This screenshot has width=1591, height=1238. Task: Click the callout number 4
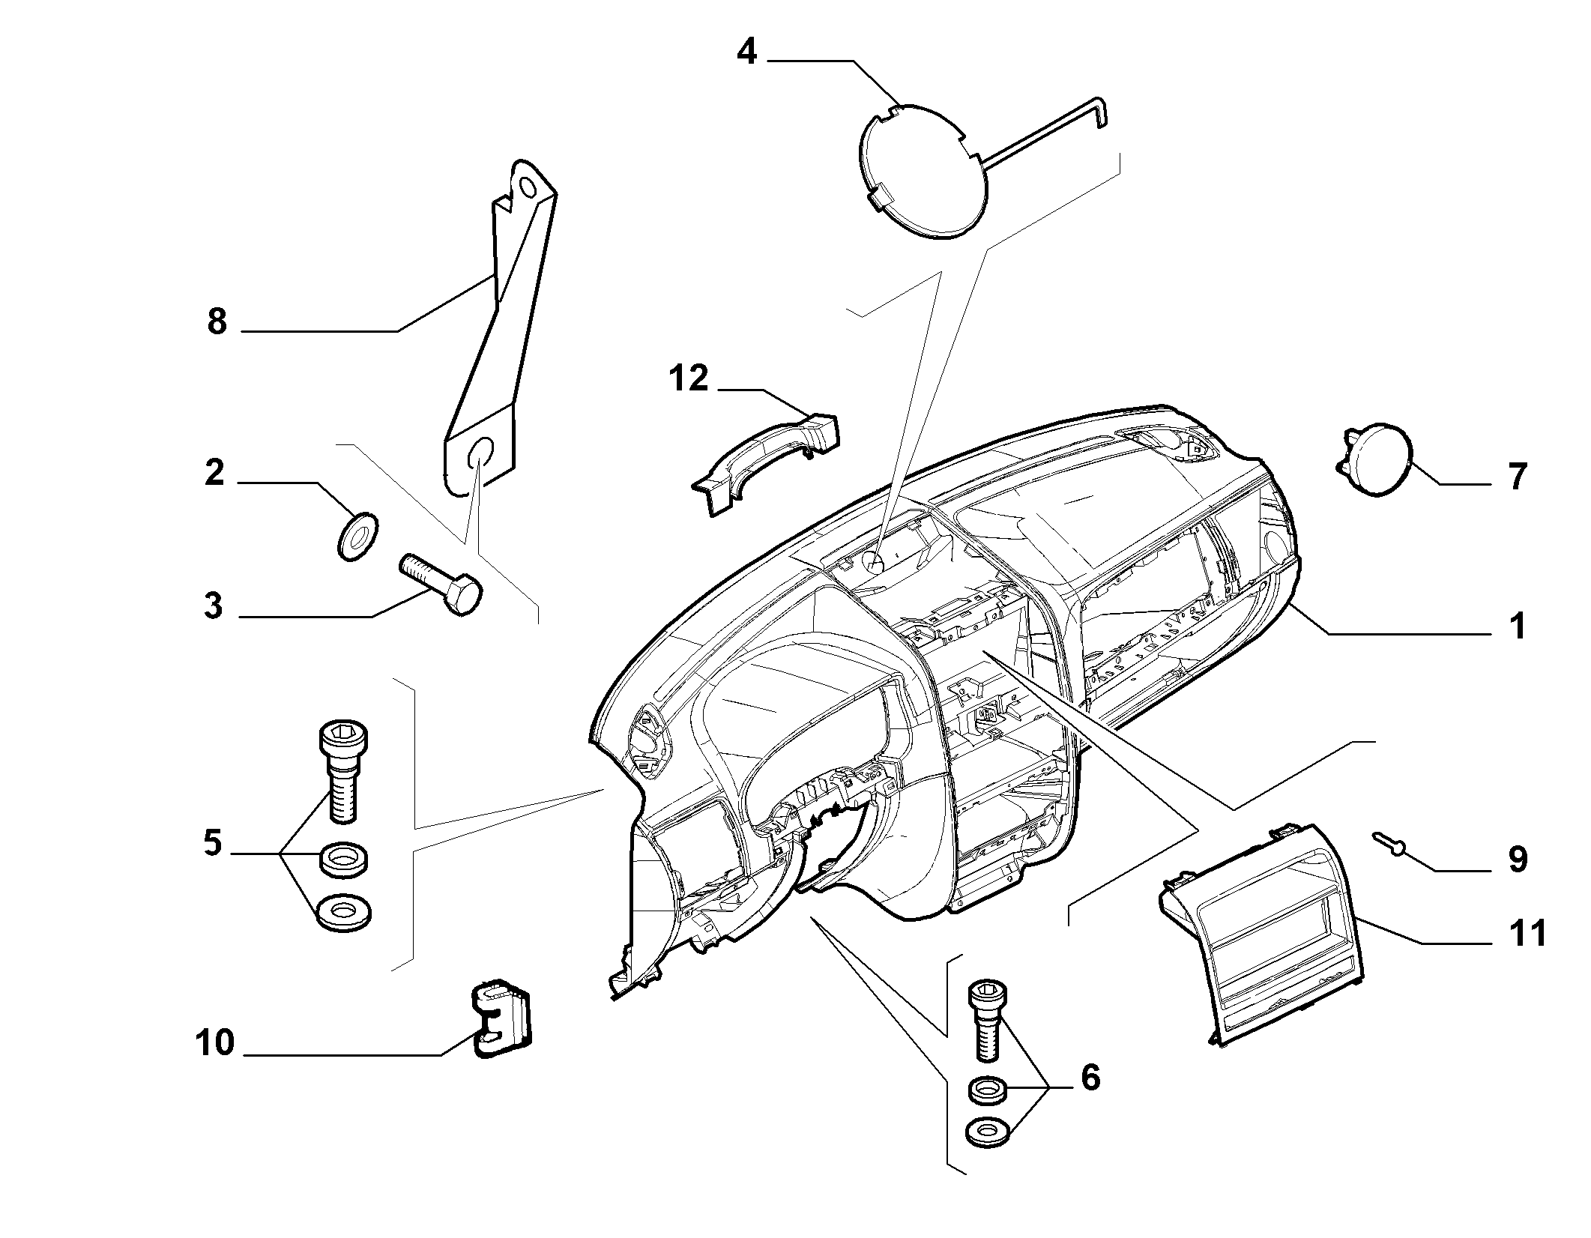(747, 53)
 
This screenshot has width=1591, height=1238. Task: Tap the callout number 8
(217, 321)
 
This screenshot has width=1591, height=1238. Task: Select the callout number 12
(688, 378)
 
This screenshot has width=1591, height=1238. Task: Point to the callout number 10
(215, 1043)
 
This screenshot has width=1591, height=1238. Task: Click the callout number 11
(1527, 934)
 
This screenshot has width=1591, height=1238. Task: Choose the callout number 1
(1518, 625)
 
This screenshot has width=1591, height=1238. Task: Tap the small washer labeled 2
(356, 535)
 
